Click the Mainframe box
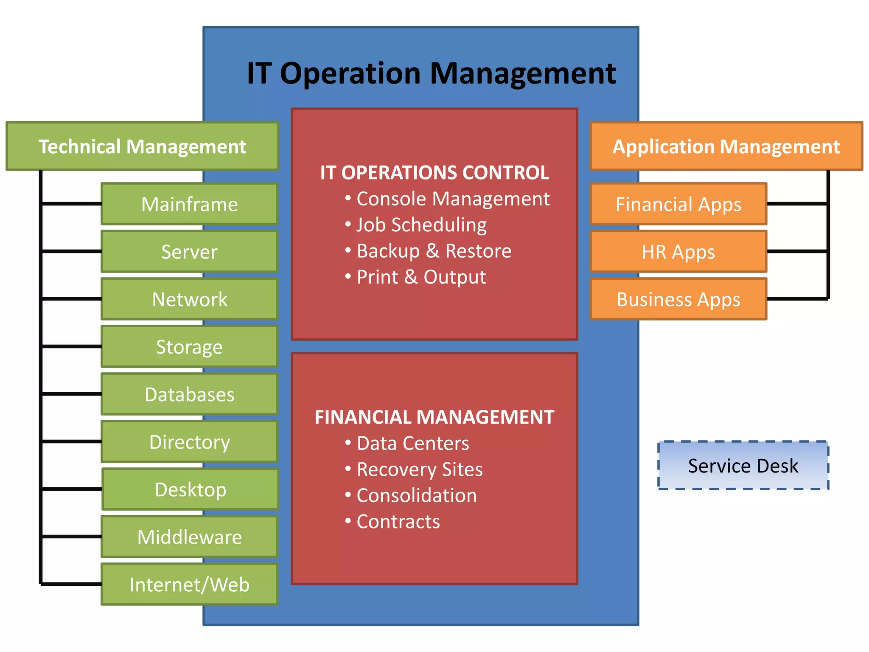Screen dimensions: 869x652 tap(189, 204)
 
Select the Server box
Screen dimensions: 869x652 tap(189, 252)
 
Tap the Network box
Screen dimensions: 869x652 tap(189, 299)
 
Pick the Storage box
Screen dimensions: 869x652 tap(189, 347)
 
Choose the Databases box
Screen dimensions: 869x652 tap(189, 394)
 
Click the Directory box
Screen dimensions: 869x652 tap(189, 442)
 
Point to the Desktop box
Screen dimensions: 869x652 tap(190, 489)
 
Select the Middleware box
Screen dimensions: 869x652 tap(189, 537)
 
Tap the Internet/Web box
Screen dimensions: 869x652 tap(189, 585)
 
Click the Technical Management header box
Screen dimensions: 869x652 tap(142, 146)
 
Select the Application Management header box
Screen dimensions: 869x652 tap(726, 146)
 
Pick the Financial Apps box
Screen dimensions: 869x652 tap(678, 204)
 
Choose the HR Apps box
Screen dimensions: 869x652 tap(678, 252)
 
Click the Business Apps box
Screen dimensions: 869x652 tap(678, 299)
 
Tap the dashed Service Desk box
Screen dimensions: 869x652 tap(743, 466)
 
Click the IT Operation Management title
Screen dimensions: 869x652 tap(431, 73)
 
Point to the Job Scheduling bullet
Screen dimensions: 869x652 tap(421, 225)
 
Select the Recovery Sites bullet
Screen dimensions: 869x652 tap(419, 469)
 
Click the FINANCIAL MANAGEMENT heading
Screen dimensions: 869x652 tap(434, 417)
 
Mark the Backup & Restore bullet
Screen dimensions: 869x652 tap(434, 251)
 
